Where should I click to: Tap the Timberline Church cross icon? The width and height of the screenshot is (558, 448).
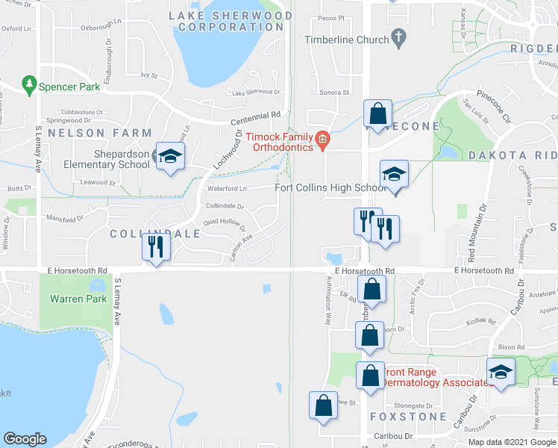point(398,37)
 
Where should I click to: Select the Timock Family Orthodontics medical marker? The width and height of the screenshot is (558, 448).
point(322,139)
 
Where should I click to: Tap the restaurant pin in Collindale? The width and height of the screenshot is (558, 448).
point(154,247)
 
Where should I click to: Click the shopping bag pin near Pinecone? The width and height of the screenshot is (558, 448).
point(378,113)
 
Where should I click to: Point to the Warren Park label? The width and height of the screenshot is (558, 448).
point(74,299)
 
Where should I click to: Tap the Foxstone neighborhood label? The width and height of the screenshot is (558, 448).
point(408,417)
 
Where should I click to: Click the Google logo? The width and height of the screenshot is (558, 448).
point(25,439)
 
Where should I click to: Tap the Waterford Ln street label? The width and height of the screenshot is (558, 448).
point(227,189)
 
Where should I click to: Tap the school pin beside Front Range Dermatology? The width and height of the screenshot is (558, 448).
point(501,372)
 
